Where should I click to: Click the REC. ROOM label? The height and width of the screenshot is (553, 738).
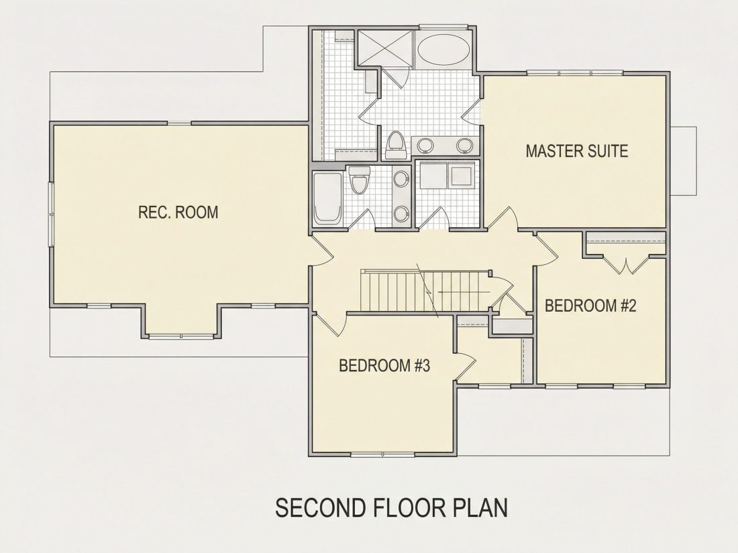pyautogui.click(x=178, y=212)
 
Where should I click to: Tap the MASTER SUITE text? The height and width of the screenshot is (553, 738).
pyautogui.click(x=576, y=151)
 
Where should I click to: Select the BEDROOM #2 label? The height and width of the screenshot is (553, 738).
pyautogui.click(x=590, y=306)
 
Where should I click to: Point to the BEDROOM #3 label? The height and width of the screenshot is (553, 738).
pyautogui.click(x=384, y=365)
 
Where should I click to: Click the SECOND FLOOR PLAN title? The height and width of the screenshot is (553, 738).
pyautogui.click(x=392, y=507)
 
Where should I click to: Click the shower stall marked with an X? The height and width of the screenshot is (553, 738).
pyautogui.click(x=386, y=48)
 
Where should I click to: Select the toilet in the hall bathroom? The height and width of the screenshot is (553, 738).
pyautogui.click(x=360, y=180)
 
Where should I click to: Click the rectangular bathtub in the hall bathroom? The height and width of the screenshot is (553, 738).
pyautogui.click(x=328, y=198)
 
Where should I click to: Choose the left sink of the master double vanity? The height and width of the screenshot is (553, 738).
pyautogui.click(x=426, y=145)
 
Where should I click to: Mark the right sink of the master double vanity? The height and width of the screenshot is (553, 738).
pyautogui.click(x=464, y=145)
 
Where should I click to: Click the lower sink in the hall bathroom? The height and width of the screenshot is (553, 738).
pyautogui.click(x=401, y=214)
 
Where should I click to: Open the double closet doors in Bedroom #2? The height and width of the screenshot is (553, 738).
pyautogui.click(x=625, y=265)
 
